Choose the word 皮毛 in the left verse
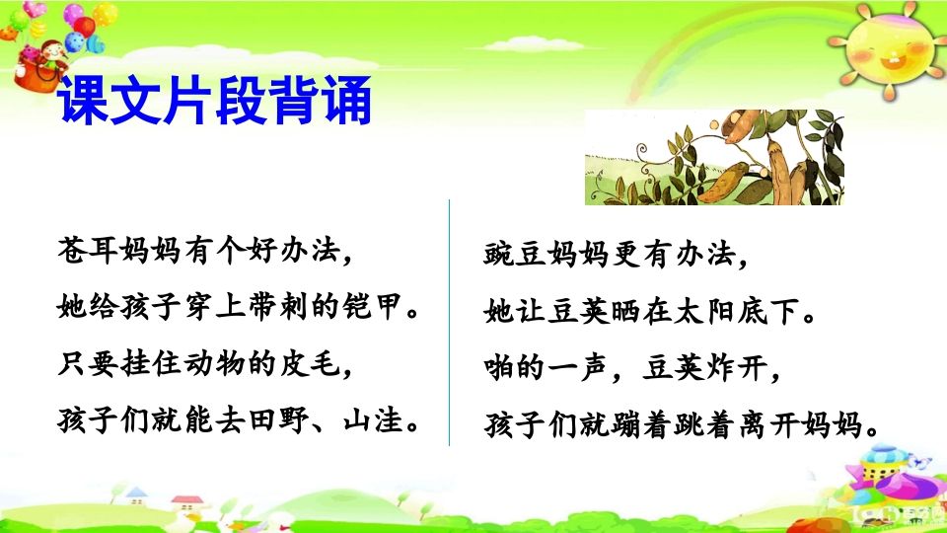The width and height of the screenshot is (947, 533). [x=314, y=365]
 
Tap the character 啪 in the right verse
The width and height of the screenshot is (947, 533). [x=499, y=371]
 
